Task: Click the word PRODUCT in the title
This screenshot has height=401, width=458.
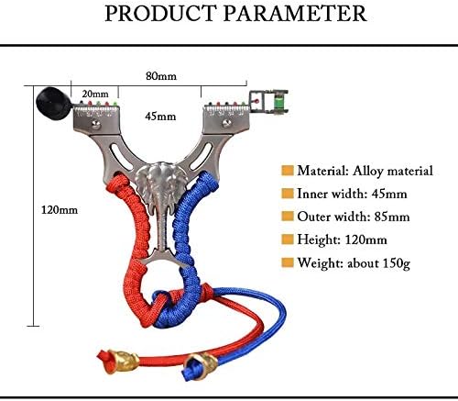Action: pos(159,13)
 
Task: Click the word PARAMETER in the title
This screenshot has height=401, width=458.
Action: pos(295,13)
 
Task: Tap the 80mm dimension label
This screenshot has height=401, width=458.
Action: pos(161,76)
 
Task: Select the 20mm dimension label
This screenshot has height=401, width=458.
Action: pos(95,94)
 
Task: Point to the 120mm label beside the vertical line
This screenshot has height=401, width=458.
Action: pos(60,210)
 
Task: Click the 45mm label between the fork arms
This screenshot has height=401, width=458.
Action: pos(160,117)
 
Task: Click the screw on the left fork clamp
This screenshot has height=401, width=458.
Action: pos(96,124)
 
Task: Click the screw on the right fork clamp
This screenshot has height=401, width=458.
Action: pos(226,123)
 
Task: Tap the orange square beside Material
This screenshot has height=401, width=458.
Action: pos(288,171)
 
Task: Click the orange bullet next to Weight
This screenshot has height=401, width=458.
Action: pos(288,262)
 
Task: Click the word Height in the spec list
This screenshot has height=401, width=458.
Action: pos(319,239)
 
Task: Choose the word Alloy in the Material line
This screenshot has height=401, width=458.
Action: pos(367,171)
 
